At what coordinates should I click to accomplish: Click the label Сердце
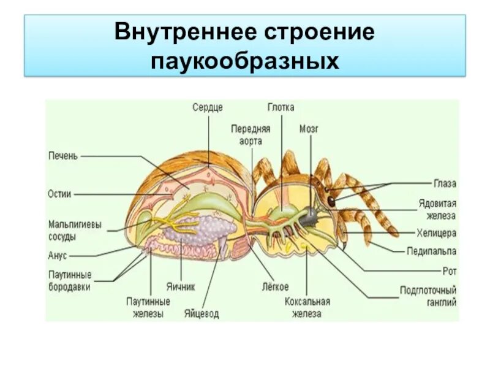point(208,107)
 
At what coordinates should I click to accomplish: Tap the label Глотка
point(281,107)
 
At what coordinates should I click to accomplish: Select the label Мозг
point(309,129)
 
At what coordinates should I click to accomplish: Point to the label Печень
point(63,156)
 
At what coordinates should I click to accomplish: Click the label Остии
point(59,194)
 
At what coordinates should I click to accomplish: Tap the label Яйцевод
point(201,314)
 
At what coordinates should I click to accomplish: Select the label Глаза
point(445,183)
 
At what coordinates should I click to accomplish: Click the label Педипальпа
point(432,251)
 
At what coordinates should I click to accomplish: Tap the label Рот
point(450,270)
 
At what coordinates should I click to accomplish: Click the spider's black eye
point(331,201)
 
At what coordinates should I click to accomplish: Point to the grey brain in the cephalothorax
point(311,214)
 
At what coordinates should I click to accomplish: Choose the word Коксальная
point(307,301)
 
